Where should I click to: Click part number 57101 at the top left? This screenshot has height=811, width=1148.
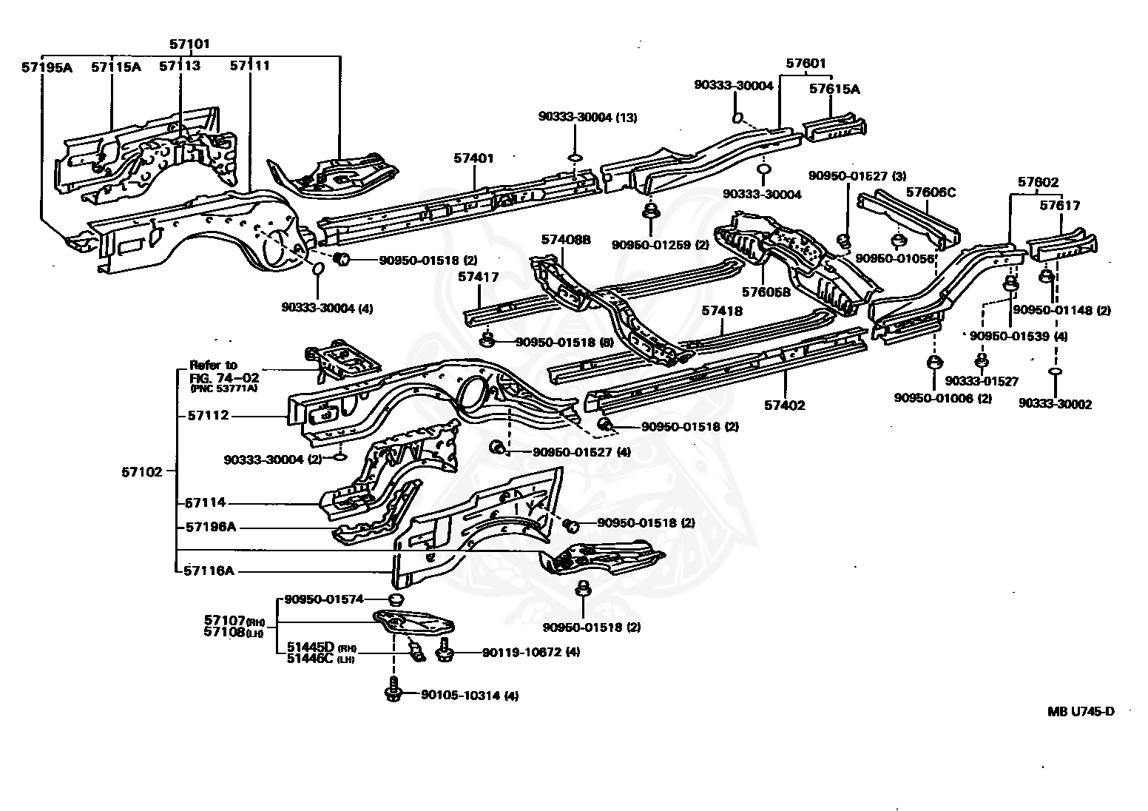point(189,44)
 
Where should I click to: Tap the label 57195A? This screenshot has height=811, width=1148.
point(47,67)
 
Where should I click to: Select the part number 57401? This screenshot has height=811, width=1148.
point(473,158)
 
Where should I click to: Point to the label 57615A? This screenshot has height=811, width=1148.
point(834,89)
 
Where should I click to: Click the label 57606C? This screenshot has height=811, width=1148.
point(931,192)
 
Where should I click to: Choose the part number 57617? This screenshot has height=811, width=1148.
point(1060,206)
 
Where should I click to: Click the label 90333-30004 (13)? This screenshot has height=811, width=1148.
point(587,118)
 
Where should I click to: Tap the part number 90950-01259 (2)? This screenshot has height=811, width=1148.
point(660,245)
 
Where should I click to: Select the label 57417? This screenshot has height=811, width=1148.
point(478,277)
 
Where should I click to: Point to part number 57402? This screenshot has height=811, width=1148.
point(785,405)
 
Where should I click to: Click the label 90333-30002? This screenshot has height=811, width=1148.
point(1056,404)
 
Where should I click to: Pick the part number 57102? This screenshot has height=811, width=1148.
point(142,471)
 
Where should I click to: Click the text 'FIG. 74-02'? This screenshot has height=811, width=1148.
point(224,378)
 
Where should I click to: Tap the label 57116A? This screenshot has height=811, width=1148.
point(209,571)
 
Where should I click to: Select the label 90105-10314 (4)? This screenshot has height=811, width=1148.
point(470,695)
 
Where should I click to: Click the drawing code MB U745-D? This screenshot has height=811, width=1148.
point(1081,711)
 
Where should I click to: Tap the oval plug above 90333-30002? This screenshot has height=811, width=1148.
point(1055,371)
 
